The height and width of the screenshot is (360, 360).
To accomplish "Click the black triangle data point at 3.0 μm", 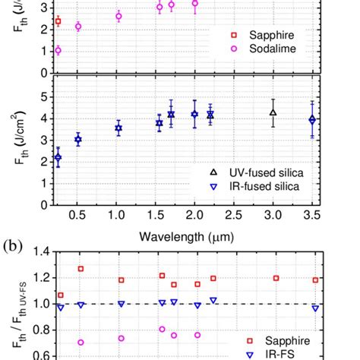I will [273, 112].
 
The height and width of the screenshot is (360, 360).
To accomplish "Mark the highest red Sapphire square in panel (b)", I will [81, 269].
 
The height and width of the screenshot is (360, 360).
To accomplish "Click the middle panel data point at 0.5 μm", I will [78, 140].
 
